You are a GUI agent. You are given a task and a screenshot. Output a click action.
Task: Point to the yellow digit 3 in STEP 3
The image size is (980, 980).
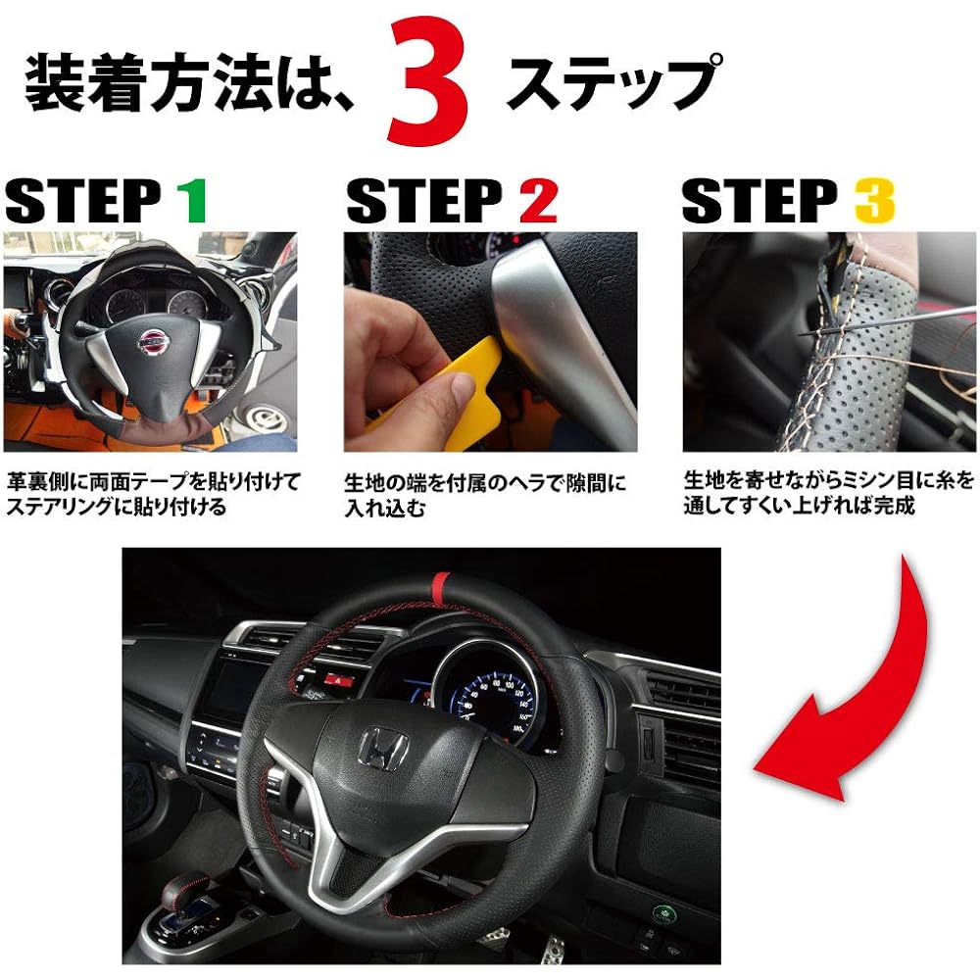(x=874, y=201)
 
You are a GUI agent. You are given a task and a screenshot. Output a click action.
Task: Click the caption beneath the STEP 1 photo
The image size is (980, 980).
(x=152, y=494)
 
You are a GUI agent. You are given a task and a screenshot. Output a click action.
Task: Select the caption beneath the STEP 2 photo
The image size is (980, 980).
(x=484, y=496)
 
